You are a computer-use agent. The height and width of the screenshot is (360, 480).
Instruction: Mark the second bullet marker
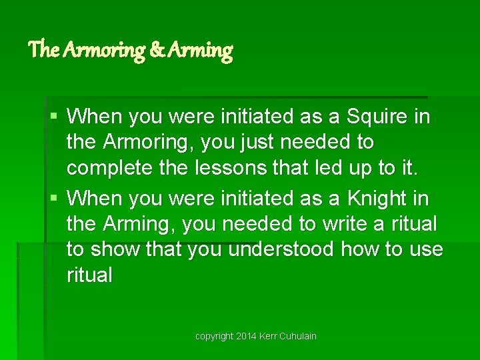tap(54, 199)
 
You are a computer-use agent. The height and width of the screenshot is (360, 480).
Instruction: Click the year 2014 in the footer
tap(247, 336)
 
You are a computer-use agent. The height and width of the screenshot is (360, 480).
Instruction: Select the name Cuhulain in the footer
tap(299, 336)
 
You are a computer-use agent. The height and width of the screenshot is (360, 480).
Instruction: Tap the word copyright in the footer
tap(214, 336)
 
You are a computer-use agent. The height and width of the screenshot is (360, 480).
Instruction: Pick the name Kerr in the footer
tap(269, 336)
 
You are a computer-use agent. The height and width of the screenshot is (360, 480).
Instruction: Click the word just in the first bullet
tap(271, 143)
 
